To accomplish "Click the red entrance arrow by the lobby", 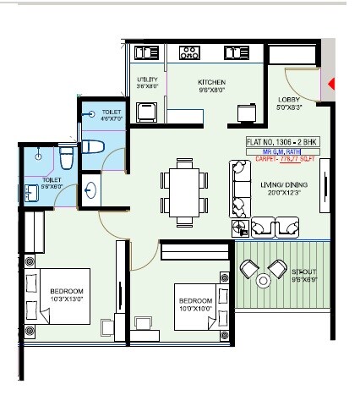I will [332, 84].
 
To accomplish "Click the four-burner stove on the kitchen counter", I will [189, 53].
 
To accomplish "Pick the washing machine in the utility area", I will [146, 111].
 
